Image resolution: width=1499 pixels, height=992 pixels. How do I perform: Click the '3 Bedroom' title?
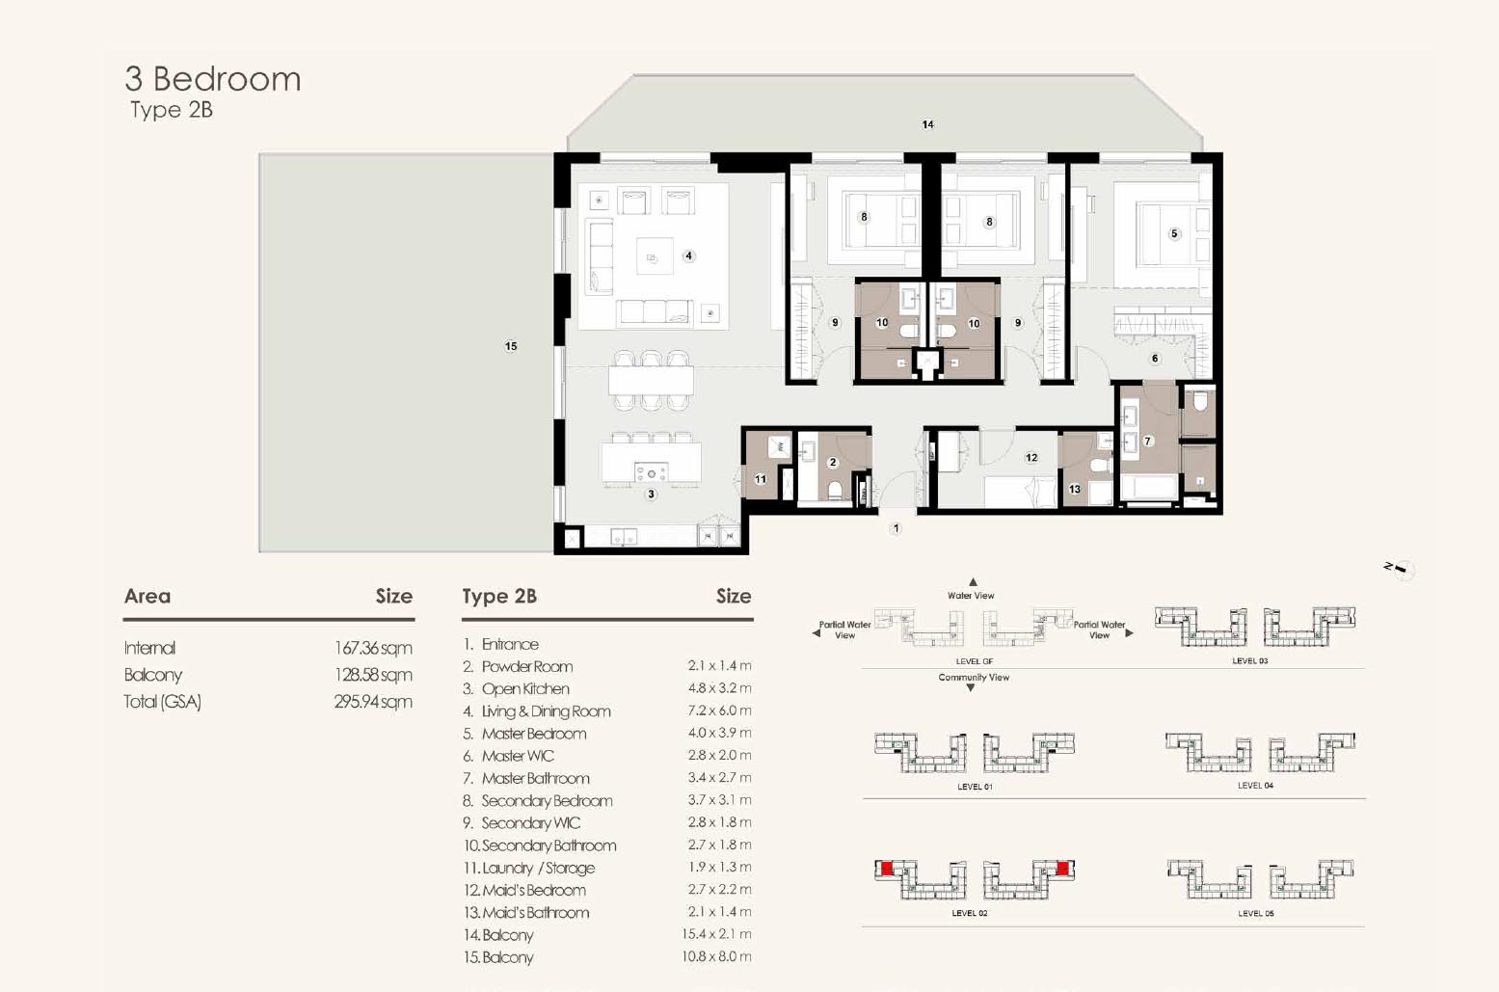click(x=213, y=79)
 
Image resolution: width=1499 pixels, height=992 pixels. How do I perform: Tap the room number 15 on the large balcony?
click(x=511, y=346)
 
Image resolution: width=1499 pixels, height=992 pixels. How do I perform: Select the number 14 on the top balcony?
click(x=927, y=124)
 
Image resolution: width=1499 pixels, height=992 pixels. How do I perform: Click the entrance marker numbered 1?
click(x=897, y=528)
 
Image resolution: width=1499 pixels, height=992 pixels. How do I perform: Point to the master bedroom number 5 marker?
click(x=1174, y=233)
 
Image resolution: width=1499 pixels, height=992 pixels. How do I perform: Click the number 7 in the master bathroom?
click(x=1148, y=442)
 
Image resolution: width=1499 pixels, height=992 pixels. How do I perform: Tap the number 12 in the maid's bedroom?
click(x=1031, y=457)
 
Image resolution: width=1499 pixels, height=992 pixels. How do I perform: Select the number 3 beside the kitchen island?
click(x=651, y=494)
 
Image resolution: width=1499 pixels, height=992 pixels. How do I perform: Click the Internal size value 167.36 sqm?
click(x=373, y=648)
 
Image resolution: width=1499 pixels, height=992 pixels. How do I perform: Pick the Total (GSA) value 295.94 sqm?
click(x=373, y=702)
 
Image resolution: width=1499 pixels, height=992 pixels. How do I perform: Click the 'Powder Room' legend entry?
click(x=526, y=667)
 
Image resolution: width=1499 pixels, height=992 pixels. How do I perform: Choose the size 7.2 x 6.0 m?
click(x=719, y=710)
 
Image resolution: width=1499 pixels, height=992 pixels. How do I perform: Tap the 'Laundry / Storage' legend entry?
click(x=538, y=869)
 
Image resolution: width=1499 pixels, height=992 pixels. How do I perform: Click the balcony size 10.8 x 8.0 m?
click(x=716, y=956)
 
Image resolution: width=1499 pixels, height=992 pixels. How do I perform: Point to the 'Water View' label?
click(x=971, y=595)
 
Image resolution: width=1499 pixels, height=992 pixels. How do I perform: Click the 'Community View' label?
click(x=974, y=678)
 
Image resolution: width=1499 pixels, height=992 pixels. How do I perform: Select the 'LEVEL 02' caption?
click(x=970, y=913)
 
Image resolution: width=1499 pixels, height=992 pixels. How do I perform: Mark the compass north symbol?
click(x=1399, y=569)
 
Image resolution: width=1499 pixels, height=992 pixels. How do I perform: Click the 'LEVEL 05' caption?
click(x=1255, y=913)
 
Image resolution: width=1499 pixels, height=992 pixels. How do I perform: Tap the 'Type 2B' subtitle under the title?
click(x=172, y=110)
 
